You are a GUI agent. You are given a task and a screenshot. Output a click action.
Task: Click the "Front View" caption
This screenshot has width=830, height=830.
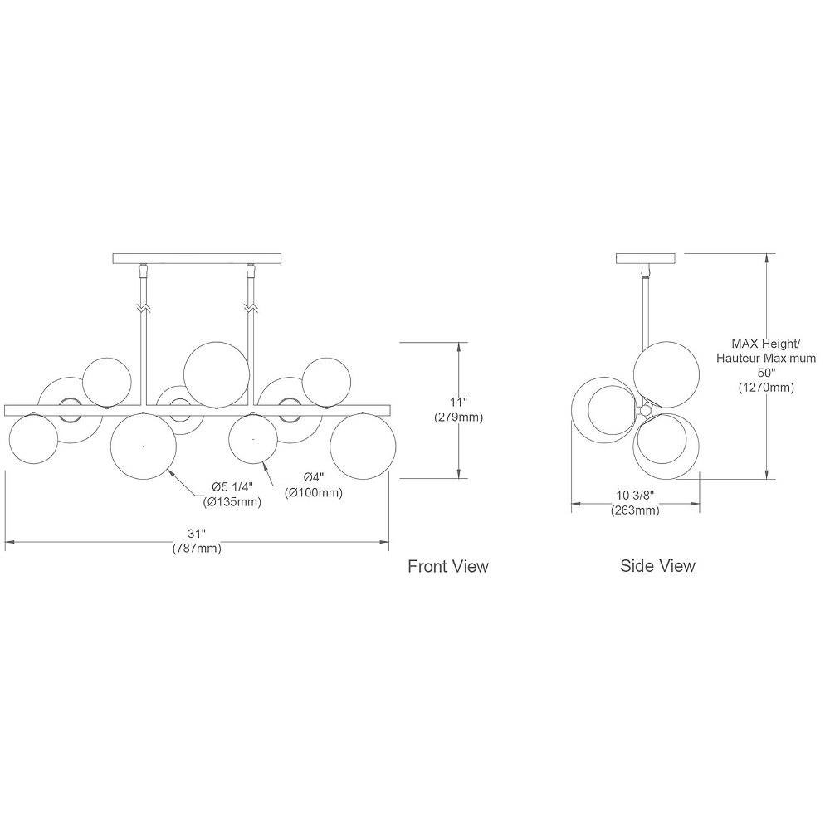click(x=448, y=566)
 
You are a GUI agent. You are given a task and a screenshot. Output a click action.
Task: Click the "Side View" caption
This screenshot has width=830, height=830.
click(x=657, y=565)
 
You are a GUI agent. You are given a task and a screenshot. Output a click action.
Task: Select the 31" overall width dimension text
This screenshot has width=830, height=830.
click(x=197, y=534)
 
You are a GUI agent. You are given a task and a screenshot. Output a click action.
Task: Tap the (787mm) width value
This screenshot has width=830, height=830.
click(x=197, y=548)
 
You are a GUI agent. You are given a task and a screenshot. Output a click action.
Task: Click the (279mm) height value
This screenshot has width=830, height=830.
click(x=458, y=417)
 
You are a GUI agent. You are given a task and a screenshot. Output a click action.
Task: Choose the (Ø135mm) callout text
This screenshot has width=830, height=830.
click(x=232, y=501)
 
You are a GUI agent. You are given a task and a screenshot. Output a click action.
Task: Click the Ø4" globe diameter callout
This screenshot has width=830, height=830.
click(x=314, y=477)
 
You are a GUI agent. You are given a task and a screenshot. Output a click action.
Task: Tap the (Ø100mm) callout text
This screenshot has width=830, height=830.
click(x=314, y=492)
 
